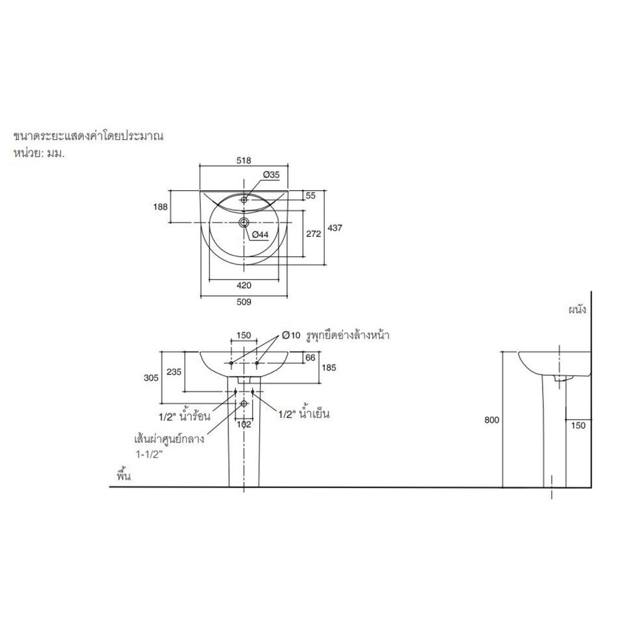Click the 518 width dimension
(243, 160)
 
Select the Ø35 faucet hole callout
(271, 174)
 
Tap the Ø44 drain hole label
(260, 235)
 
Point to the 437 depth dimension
(335, 228)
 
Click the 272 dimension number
(313, 234)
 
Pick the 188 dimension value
(160, 207)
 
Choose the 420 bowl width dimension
(244, 285)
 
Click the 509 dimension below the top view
(244, 302)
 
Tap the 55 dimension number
(311, 196)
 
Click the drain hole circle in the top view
(244, 222)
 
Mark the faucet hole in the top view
(244, 200)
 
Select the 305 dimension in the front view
(151, 377)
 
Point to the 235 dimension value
(174, 372)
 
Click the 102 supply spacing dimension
(244, 425)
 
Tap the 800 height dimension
(491, 420)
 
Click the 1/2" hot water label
(184, 416)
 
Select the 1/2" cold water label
(303, 414)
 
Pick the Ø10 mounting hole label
(291, 335)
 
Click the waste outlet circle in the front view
(244, 404)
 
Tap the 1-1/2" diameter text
(147, 454)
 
